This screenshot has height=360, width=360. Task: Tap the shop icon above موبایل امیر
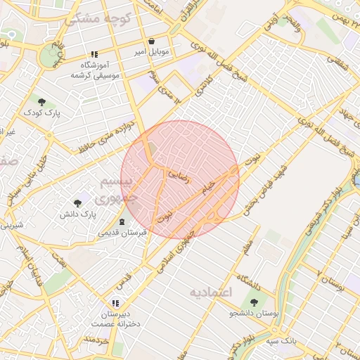pos(151,41)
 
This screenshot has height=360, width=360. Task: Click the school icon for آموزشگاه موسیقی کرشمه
pos(94,55)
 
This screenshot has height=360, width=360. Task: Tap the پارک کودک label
pos(41,112)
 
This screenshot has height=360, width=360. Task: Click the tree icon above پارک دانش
pos(77,202)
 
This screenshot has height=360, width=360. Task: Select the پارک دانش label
pos(77,213)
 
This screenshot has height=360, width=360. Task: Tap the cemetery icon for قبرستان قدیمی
pos(123,221)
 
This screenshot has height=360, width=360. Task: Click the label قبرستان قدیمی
pos(122,232)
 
